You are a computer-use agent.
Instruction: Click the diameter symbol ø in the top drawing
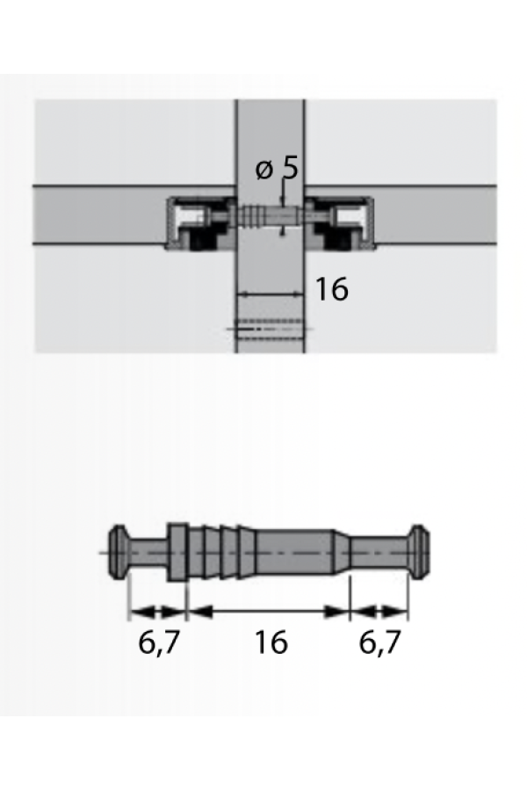point(263,170)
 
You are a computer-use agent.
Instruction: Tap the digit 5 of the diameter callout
point(290,167)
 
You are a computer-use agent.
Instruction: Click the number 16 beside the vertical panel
point(331,289)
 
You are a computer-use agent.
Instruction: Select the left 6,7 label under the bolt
point(159,642)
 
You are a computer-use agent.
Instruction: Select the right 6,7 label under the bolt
point(379,642)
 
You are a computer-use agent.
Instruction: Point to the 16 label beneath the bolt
point(271,642)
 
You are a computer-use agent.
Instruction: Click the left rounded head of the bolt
point(118,552)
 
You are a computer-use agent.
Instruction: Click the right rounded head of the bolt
point(419,552)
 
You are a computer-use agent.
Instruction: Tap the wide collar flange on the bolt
point(178,552)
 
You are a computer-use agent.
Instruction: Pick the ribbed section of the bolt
point(222,552)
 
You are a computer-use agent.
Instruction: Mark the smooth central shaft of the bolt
point(295,552)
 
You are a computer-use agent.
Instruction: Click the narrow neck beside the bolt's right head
point(379,552)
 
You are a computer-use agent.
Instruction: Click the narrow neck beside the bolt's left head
point(148,552)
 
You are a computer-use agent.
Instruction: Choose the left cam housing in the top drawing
point(201,223)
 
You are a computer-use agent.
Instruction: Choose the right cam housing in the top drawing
point(340,223)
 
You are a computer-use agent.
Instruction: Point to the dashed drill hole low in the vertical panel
point(270,329)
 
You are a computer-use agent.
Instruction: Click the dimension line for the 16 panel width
point(271,294)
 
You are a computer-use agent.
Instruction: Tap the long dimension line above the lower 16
point(268,612)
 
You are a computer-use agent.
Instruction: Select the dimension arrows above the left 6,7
point(158,613)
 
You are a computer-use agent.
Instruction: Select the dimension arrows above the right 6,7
point(379,613)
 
